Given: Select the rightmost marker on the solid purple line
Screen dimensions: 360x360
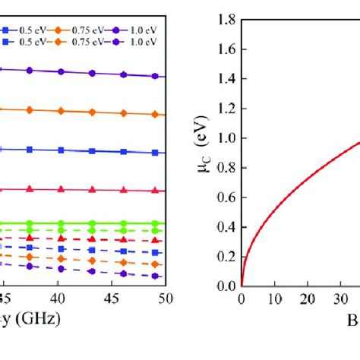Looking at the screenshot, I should tap(155, 77).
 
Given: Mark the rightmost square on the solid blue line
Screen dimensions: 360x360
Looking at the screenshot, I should tap(155, 153).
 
